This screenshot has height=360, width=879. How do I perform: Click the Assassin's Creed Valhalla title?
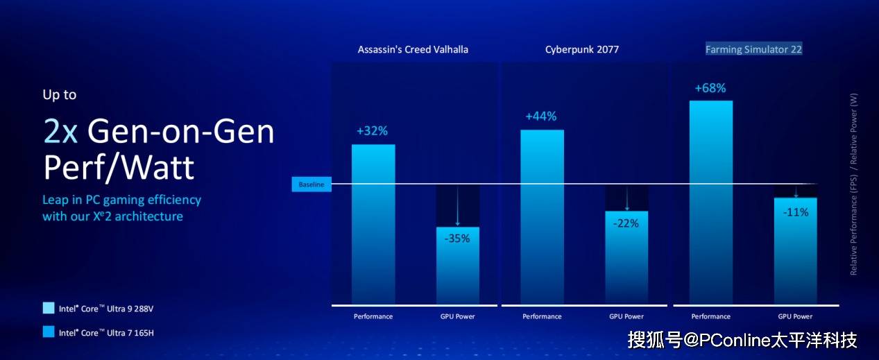coord(413,49)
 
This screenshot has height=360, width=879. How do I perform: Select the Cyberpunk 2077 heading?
coord(581,49)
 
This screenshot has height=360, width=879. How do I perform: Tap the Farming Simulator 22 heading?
coord(753,49)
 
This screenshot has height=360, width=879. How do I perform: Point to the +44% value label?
coord(541,117)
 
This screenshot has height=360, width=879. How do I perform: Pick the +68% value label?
coord(710,88)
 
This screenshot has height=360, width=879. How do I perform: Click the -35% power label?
coord(457,238)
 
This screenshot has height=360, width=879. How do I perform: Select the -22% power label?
coord(626,223)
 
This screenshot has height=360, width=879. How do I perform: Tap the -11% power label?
coord(796,212)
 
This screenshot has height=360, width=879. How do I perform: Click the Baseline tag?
coord(312,185)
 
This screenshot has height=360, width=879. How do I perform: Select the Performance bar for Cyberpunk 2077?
coord(542,215)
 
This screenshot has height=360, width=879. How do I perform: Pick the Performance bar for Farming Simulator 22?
coord(711,201)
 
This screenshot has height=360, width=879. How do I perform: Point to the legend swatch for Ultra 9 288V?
coord(48,308)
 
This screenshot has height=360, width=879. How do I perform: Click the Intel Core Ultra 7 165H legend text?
coord(106,333)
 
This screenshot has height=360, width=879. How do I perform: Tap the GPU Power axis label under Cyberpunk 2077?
coord(626,316)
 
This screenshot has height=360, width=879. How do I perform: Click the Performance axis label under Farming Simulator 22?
coord(711,316)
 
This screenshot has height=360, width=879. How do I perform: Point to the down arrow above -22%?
coord(626,199)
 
